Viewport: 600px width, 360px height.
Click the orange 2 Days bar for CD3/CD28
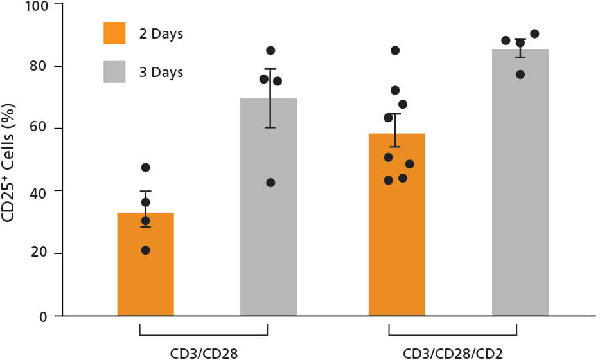point(145,270)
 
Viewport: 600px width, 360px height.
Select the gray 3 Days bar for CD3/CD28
point(269,212)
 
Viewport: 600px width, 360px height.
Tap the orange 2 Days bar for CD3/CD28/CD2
point(396,231)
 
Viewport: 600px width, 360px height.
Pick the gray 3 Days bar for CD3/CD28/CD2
point(520,186)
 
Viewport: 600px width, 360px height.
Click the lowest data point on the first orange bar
point(145,250)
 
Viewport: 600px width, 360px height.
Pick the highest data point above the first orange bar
point(145,168)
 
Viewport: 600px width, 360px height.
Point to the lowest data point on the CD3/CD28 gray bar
point(270,183)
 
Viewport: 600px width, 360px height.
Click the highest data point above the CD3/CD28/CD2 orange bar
point(395,50)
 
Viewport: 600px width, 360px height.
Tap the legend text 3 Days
point(161,73)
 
